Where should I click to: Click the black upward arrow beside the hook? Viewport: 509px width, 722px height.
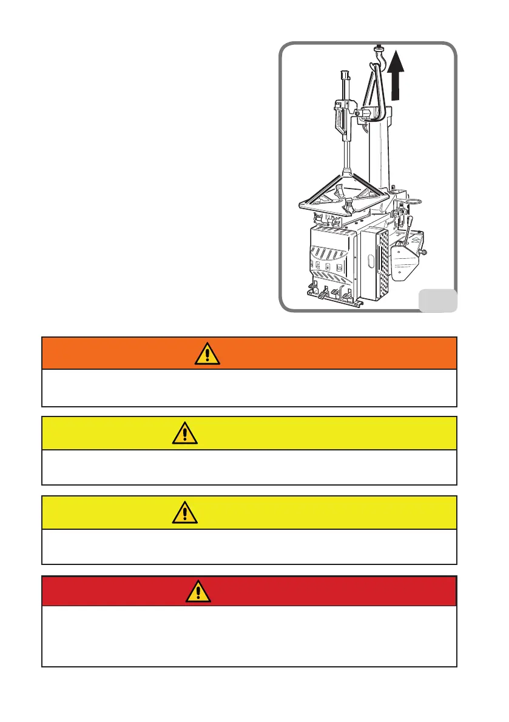397,75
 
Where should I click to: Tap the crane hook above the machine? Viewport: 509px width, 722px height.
380,55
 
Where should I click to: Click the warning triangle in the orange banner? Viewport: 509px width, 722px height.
207,353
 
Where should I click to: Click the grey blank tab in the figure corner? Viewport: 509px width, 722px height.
437,299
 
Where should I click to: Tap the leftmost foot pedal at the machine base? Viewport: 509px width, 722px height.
311,287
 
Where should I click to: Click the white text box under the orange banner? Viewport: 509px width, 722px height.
249,387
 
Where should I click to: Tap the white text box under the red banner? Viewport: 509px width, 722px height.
249,636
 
